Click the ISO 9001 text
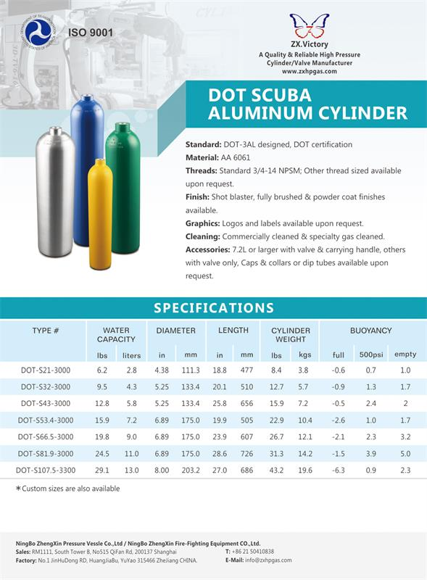point(91,33)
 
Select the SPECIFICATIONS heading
point(213,307)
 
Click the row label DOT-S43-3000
point(46,403)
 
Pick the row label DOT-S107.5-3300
point(46,470)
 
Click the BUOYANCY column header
point(371,331)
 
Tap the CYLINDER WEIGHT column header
point(291,335)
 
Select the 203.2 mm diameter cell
point(191,470)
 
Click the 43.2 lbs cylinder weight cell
point(276,470)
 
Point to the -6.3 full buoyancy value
point(338,470)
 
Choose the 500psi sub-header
point(371,355)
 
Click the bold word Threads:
point(201,170)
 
